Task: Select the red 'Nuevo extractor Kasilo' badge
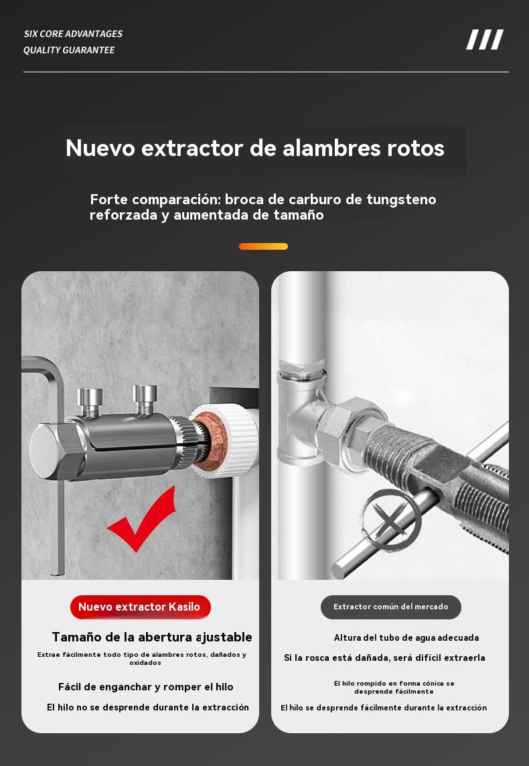point(140,607)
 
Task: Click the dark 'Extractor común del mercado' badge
point(391,607)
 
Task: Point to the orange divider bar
point(263,246)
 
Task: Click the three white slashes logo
point(485,40)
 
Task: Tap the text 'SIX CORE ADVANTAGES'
point(73,33)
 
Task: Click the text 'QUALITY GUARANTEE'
point(69,50)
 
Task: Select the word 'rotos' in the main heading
point(416,148)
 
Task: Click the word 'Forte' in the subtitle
point(108,200)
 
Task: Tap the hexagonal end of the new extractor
point(50,451)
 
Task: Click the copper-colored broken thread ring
point(211,441)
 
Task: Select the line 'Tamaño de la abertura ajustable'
point(152,637)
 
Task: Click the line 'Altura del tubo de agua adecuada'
point(406,637)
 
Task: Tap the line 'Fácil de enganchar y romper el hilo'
point(145,687)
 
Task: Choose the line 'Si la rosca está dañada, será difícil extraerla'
point(384,658)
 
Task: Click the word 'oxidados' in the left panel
point(145,663)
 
